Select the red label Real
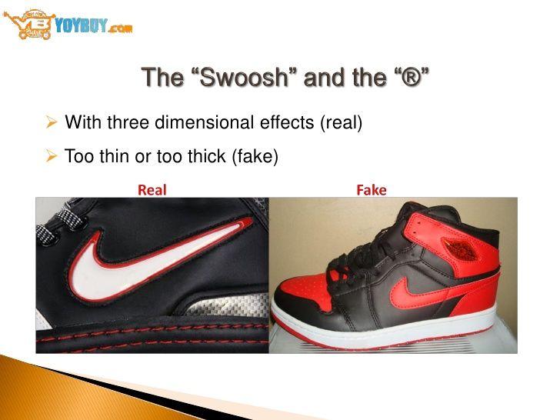(152, 190)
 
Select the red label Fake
(371, 190)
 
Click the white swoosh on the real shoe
(154, 262)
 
